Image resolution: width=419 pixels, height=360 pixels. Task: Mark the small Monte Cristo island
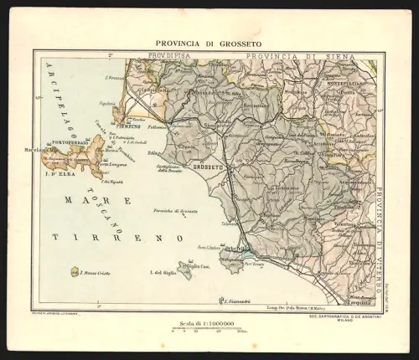click(76, 272)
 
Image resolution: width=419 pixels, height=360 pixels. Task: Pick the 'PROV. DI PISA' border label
click(168, 56)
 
